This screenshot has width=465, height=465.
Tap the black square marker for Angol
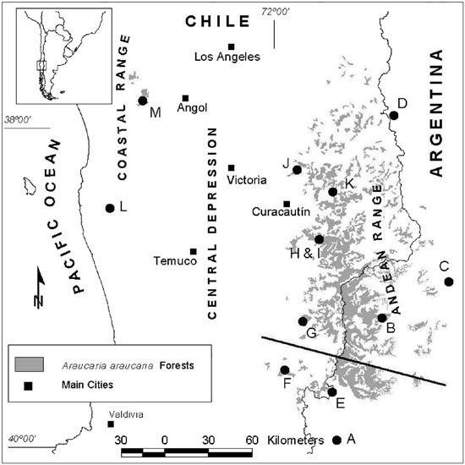pos(186,98)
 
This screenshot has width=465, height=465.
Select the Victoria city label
pos(247,180)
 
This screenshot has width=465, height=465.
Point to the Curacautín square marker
pos(287,204)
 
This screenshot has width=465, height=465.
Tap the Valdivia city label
pos(124,414)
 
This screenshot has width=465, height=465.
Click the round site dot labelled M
pos(143,101)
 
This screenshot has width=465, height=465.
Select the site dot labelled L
pos(109,208)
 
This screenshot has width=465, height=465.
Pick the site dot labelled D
pos(394,115)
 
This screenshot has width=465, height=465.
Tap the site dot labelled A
pos(337,440)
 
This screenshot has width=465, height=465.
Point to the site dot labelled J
pos(297,170)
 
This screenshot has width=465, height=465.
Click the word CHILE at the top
pos(216,20)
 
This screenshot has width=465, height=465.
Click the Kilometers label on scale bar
pos(295,440)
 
